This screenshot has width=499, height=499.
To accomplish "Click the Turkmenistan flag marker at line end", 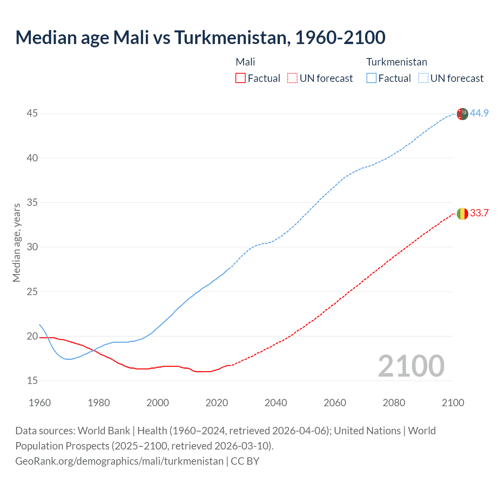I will (x=462, y=114).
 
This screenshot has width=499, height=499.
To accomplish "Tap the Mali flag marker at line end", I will (x=462, y=214).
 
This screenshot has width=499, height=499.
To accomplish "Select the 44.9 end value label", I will (x=479, y=113).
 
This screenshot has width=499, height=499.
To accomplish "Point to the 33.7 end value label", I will (x=479, y=213).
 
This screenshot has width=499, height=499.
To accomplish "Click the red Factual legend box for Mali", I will (x=241, y=78).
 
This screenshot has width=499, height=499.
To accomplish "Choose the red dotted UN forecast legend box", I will (x=292, y=78).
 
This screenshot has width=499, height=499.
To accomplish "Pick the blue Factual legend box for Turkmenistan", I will (x=371, y=78).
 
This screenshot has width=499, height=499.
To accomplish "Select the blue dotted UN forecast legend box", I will (x=423, y=78).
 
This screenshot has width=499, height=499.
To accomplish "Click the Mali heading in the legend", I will (x=245, y=62).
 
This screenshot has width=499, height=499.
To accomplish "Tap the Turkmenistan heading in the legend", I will (x=396, y=62).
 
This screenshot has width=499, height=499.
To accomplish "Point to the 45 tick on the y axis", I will (x=32, y=113).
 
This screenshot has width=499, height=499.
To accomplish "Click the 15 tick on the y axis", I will (x=32, y=380).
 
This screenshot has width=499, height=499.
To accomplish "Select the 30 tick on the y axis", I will (x=32, y=247).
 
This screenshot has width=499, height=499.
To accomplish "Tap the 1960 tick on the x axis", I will (x=40, y=403).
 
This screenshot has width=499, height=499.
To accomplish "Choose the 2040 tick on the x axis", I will (x=276, y=403).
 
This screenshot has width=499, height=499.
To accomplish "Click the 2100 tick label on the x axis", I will (x=453, y=403).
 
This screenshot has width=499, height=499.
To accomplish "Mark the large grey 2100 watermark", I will (x=411, y=366).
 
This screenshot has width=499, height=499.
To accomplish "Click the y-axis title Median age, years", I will (x=16, y=242).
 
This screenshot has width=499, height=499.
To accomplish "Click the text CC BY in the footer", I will (x=245, y=461).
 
